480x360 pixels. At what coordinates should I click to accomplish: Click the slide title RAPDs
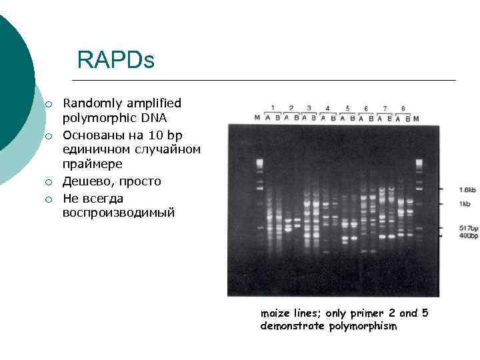pyautogui.click(x=115, y=61)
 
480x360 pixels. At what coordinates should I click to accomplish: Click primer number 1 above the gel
pyautogui.click(x=273, y=107)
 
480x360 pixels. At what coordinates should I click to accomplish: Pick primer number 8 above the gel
pyautogui.click(x=403, y=108)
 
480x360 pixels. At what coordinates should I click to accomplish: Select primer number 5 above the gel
pyautogui.click(x=347, y=108)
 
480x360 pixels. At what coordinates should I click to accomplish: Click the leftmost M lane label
pyautogui.click(x=257, y=118)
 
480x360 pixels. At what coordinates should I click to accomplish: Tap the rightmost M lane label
pyautogui.click(x=417, y=119)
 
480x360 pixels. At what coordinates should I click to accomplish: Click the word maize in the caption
pyautogui.click(x=274, y=313)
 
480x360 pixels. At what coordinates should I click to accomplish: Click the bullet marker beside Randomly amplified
pyautogui.click(x=49, y=104)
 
